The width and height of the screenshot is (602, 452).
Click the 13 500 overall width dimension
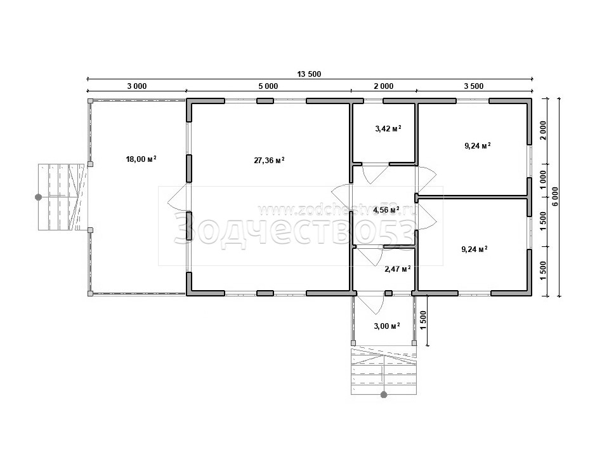(x=309, y=74)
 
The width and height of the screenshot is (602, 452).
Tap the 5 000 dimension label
(x=268, y=86)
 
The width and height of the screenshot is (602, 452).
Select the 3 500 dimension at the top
(x=474, y=86)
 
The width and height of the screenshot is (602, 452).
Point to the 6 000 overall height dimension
(x=556, y=197)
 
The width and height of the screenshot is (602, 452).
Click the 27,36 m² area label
(x=269, y=160)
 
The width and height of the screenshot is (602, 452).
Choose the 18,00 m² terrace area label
(x=141, y=159)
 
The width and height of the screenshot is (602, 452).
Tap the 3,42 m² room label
(x=388, y=128)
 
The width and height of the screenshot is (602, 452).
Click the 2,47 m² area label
(x=398, y=269)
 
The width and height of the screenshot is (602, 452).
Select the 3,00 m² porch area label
(x=387, y=326)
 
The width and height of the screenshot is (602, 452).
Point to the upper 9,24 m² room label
(x=478, y=145)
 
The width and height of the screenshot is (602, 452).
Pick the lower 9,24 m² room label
(x=474, y=249)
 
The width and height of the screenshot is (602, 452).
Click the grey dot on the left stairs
(x=39, y=197)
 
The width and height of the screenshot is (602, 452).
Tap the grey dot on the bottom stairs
(x=384, y=394)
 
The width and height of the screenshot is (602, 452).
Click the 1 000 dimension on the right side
(x=543, y=180)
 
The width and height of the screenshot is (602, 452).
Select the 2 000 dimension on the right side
(x=543, y=131)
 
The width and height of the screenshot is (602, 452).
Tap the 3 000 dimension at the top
(x=137, y=86)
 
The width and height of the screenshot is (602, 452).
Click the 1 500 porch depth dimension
(x=424, y=319)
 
